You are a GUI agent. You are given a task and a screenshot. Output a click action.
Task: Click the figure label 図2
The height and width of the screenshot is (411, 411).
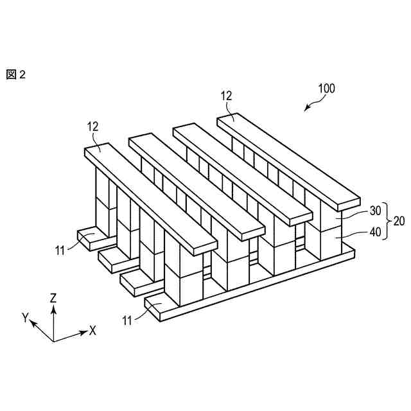(x=15, y=74)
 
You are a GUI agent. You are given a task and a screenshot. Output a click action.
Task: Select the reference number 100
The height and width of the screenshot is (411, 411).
(x=326, y=89)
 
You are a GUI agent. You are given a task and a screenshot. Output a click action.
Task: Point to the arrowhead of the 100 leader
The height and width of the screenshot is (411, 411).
(x=306, y=110)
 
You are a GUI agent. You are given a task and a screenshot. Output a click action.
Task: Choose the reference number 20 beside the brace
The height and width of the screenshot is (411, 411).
(x=399, y=221)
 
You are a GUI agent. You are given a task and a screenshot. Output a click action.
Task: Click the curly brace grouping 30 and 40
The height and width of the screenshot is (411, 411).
(x=387, y=221)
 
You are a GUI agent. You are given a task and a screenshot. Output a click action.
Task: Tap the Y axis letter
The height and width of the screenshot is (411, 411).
(x=25, y=317)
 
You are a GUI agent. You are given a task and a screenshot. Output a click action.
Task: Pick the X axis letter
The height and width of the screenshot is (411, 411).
(x=92, y=331)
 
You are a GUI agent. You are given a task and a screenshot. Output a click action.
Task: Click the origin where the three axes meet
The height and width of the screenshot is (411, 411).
(x=54, y=340)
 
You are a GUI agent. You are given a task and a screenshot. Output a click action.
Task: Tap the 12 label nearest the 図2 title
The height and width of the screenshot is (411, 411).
(x=92, y=127)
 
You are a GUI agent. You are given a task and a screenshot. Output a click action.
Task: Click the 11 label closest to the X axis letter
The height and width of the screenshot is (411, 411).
(x=127, y=319)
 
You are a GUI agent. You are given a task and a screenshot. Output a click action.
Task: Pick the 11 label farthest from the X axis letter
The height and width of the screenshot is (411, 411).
(x=60, y=250)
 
